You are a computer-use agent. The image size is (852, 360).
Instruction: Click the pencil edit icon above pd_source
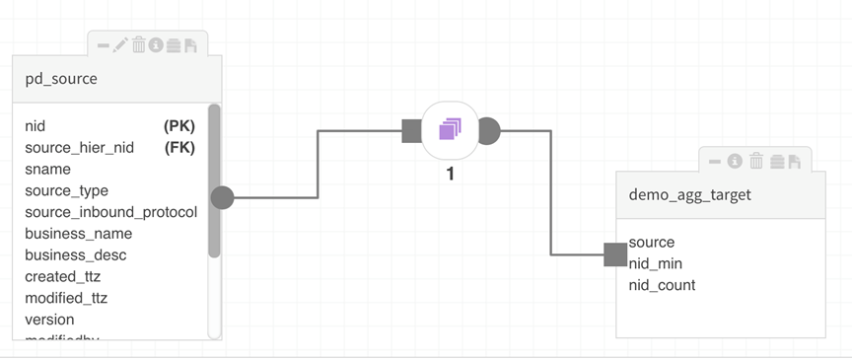121,44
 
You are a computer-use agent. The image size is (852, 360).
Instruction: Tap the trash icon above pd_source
139,44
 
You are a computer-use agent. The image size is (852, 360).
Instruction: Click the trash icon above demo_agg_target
756,160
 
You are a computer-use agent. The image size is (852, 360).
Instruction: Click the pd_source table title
61,79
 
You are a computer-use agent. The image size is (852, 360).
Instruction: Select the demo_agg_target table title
689,194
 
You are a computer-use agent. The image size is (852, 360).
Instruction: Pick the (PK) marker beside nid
179,126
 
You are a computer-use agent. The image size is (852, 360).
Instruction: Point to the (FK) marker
179,148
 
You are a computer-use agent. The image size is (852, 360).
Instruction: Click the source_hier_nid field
79,148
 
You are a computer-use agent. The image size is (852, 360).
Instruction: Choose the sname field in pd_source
46,170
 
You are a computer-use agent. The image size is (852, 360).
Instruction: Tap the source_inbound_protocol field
110,212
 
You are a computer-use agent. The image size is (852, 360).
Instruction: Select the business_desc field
76,255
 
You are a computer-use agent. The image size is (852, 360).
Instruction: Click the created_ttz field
62,277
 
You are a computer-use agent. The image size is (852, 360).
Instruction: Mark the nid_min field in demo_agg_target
655,263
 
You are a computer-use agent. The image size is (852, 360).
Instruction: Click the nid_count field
662,285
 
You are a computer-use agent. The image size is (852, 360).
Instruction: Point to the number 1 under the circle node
450,175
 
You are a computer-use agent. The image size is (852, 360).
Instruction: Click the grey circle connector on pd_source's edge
222,197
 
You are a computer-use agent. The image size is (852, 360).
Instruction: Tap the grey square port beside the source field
615,254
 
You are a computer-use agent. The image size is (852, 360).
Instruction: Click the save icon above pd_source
190,44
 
